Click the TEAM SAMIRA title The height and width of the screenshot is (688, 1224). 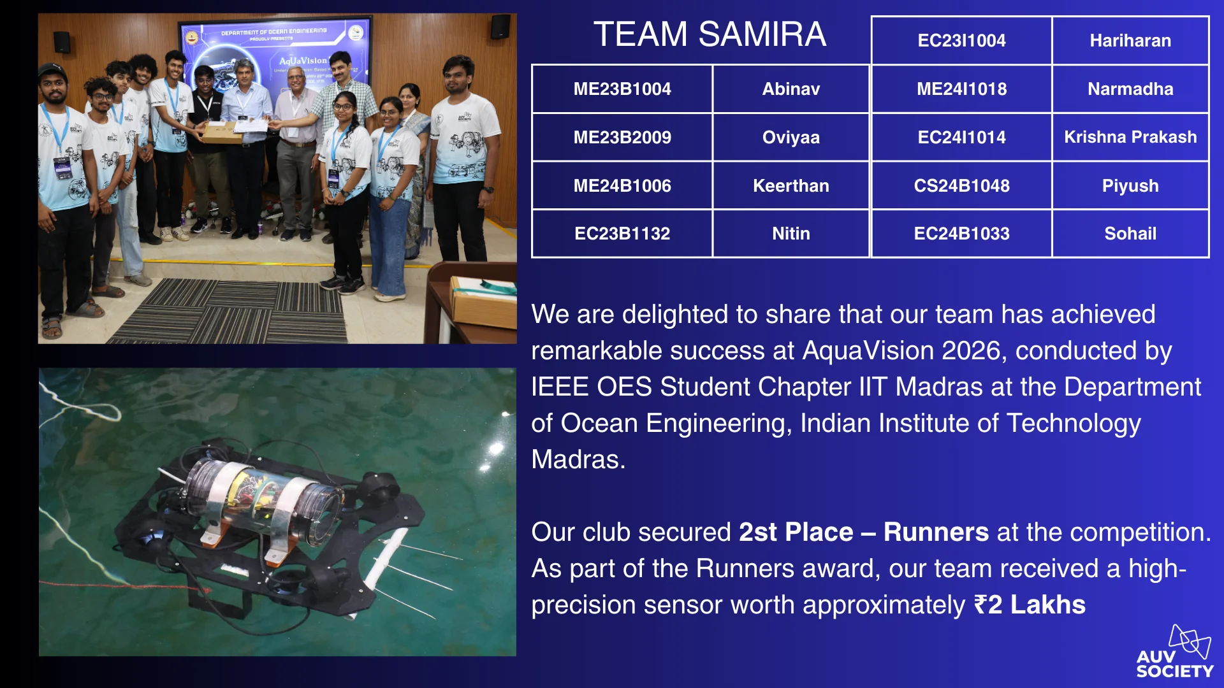710,34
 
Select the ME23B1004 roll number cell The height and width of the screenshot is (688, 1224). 622,89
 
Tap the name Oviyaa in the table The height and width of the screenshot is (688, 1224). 791,138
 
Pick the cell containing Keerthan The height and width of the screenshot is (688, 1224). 791,186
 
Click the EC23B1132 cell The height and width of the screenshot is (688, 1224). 622,234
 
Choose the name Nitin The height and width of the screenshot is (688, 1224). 791,234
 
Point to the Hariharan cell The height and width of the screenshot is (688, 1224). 1130,41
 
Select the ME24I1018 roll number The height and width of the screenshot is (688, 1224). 961,89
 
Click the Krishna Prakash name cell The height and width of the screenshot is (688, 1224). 1130,138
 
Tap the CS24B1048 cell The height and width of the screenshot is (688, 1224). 961,186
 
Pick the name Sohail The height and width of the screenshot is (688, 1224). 1130,234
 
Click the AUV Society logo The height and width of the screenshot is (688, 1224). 1175,651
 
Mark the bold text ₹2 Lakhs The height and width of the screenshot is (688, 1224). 1030,605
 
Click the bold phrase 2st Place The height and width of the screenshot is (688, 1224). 796,533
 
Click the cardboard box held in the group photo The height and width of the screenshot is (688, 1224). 222,133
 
